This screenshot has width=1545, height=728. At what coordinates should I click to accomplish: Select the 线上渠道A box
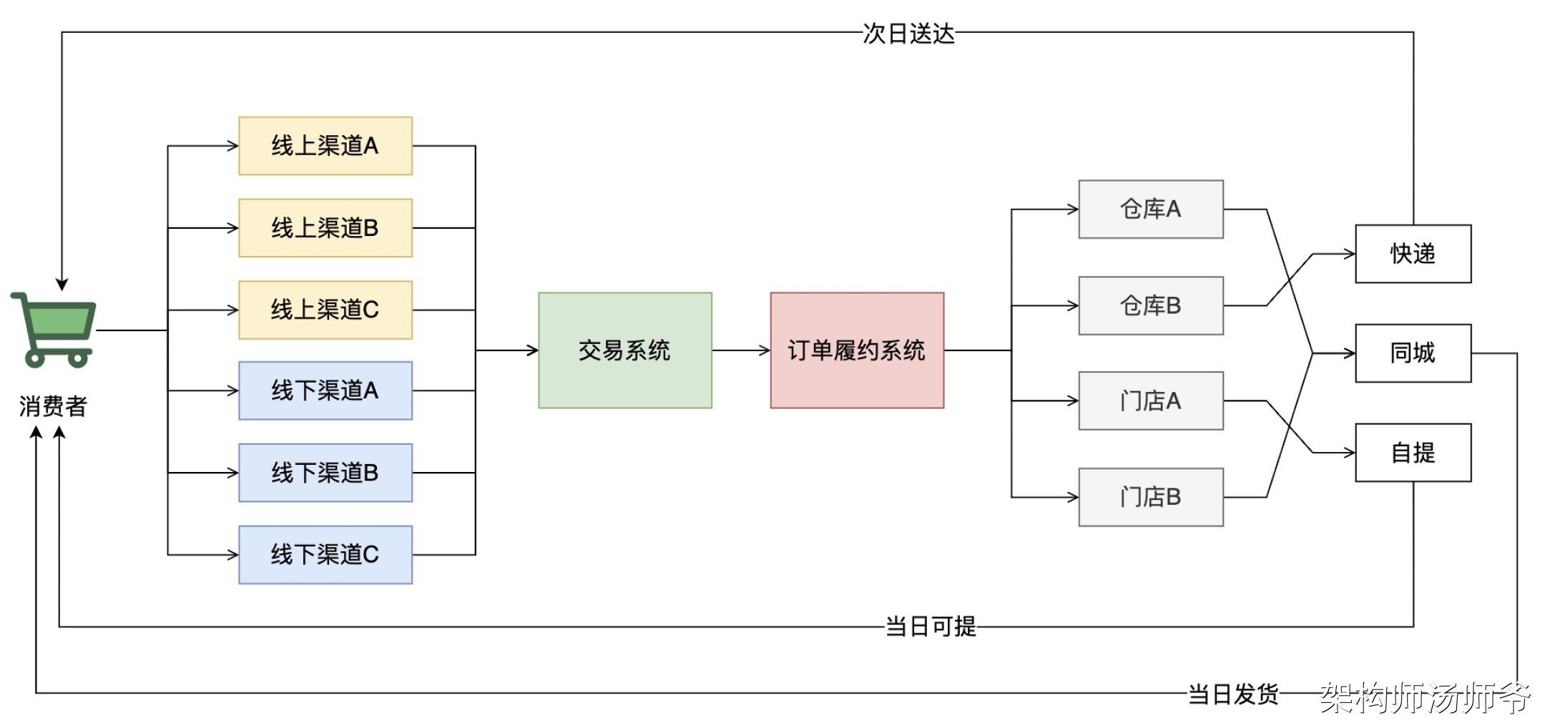click(325, 146)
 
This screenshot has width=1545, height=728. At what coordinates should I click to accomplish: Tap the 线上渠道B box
click(325, 228)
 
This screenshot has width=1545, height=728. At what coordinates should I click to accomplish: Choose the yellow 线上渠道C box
click(325, 310)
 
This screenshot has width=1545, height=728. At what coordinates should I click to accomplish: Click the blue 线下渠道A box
click(325, 390)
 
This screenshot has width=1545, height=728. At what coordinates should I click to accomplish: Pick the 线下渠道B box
click(325, 473)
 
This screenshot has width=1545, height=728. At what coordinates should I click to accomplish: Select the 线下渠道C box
click(325, 555)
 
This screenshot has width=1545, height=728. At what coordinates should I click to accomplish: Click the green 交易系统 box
click(625, 350)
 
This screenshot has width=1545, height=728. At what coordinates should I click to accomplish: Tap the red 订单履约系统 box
click(857, 350)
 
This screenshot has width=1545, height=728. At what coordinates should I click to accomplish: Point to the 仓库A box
click(1151, 210)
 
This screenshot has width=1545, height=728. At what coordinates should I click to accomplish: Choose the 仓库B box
click(1151, 306)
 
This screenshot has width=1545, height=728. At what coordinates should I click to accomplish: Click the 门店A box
click(1151, 401)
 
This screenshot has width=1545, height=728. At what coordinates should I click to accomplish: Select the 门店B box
click(1151, 497)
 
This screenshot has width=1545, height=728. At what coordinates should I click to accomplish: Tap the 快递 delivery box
click(1413, 254)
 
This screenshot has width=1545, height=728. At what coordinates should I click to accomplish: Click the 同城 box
click(1413, 353)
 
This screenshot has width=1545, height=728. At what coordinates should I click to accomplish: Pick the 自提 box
click(1413, 453)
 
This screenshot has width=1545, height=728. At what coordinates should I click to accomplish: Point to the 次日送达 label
click(908, 34)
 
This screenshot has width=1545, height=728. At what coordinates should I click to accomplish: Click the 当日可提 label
click(931, 627)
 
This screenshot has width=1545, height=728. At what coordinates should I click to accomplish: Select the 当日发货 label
click(1233, 694)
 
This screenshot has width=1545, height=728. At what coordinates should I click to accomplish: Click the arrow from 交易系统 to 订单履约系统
click(741, 350)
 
